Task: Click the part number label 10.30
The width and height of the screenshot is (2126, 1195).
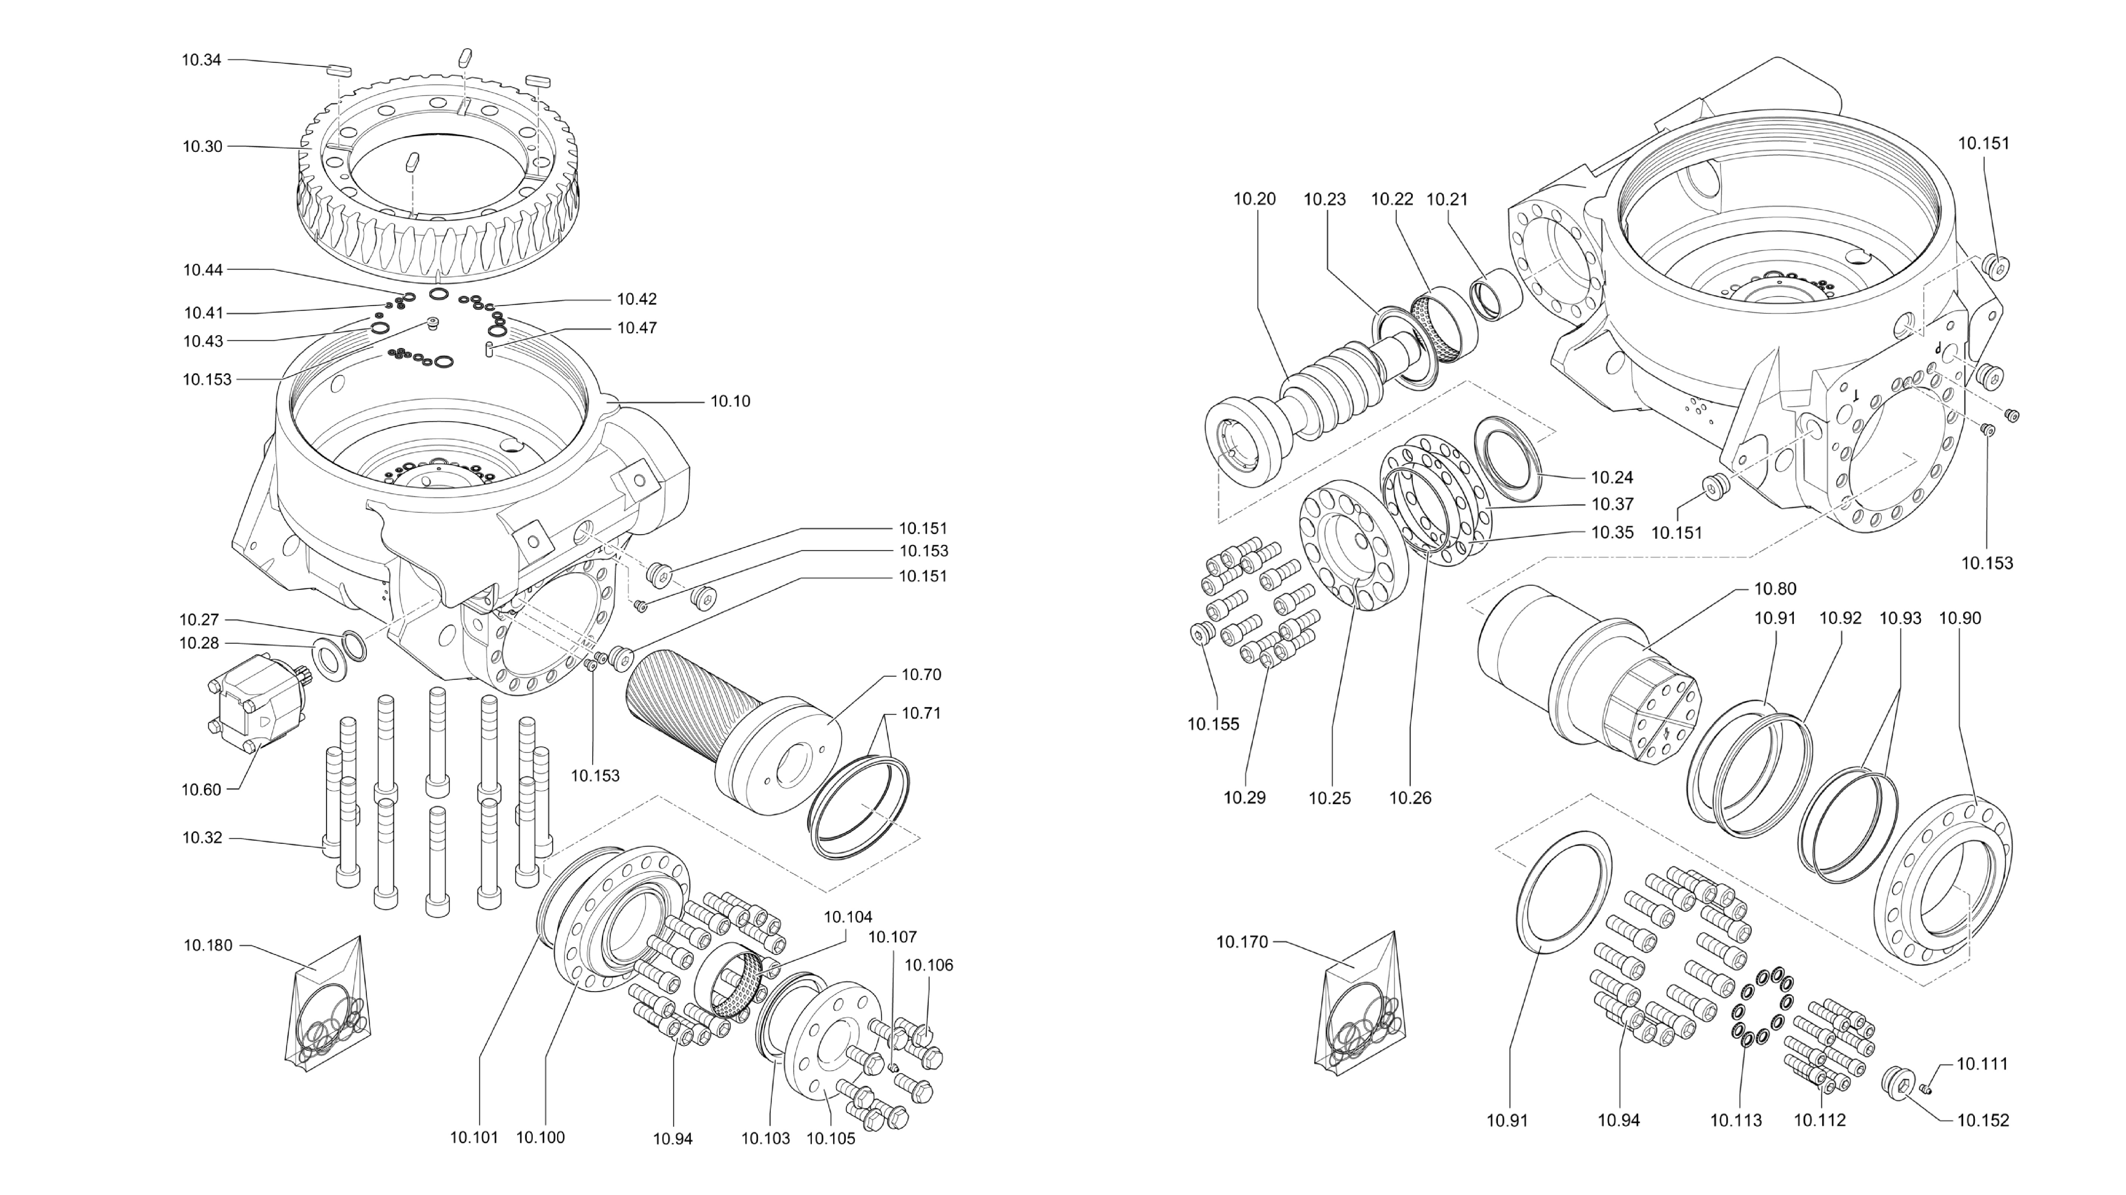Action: coord(202,147)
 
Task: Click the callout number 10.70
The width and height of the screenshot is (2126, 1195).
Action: coord(921,675)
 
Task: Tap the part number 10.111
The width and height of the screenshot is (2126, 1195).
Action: coord(1981,1065)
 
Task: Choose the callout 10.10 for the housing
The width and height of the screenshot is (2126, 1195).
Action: coord(731,402)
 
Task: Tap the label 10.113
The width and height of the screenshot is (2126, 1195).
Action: coord(1736,1121)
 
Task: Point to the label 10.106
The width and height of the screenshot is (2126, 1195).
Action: coord(929,966)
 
